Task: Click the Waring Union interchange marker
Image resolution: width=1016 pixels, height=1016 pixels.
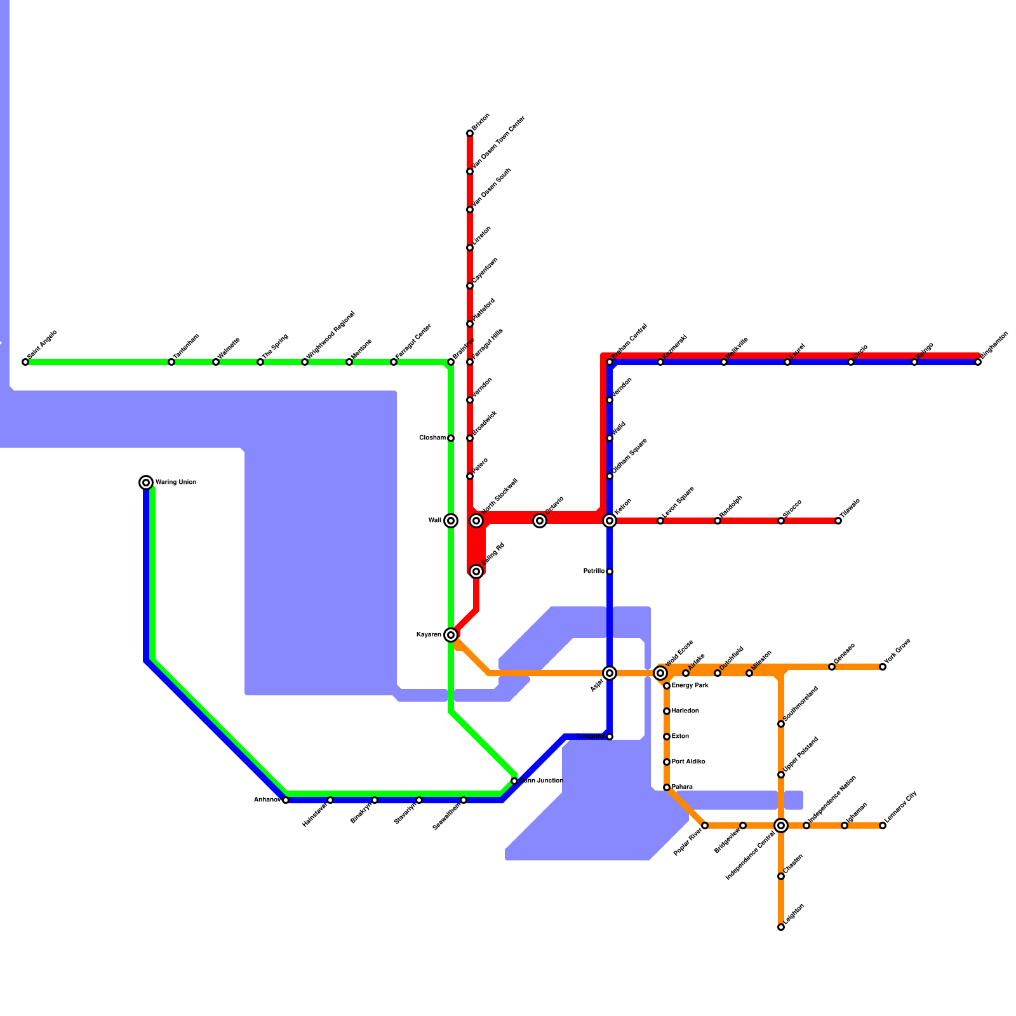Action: coord(146,483)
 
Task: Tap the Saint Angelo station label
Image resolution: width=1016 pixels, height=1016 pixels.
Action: coord(43,345)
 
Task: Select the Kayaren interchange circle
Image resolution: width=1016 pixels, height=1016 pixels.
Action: coord(451,635)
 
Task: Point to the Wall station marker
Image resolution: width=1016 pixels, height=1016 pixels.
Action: coord(451,521)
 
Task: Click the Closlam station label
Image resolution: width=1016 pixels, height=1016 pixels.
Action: coord(432,438)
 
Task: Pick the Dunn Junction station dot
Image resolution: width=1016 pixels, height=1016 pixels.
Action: coord(514,781)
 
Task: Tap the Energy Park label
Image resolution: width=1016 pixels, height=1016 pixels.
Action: coord(690,686)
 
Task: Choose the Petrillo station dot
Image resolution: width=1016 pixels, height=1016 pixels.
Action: coord(610,571)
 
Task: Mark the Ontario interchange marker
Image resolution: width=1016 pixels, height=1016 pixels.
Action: coord(540,521)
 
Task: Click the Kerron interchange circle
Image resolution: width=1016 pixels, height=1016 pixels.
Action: coord(610,521)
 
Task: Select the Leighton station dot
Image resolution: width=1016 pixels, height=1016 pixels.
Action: coord(781,927)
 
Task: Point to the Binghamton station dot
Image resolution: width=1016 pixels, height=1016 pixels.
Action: coord(978,362)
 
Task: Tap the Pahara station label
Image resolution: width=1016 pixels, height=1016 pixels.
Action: coord(682,787)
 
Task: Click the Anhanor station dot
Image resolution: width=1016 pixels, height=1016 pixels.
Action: coord(286,800)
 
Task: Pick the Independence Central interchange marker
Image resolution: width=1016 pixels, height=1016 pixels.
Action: coord(781,825)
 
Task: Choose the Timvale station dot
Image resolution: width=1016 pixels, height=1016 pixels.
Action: coord(838,521)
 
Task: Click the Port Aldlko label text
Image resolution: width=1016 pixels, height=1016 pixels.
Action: coord(688,762)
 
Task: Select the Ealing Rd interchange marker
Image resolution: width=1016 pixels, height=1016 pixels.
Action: coord(476,571)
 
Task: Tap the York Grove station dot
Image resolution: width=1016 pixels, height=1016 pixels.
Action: coord(883,667)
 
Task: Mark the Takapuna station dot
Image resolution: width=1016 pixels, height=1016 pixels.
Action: coord(610,737)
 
